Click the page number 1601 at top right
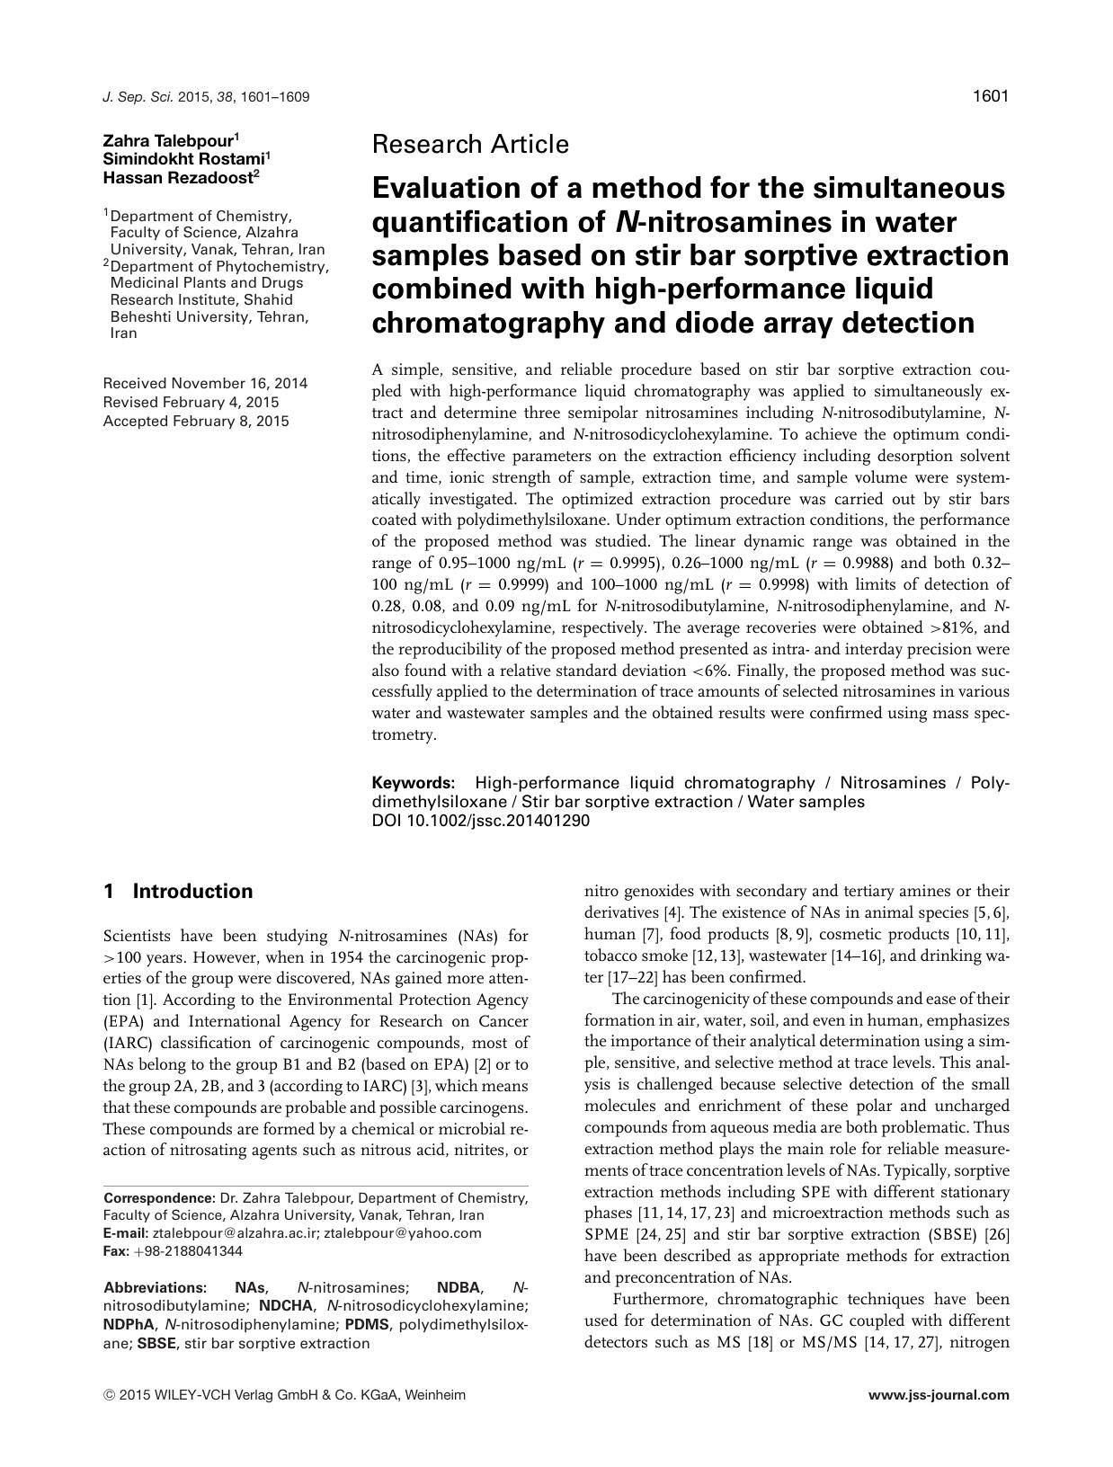click(x=991, y=96)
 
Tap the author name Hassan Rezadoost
click(x=179, y=177)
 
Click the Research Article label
click(x=470, y=144)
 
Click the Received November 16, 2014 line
click(x=205, y=383)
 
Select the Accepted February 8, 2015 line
click(x=196, y=421)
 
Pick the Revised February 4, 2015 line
click(x=191, y=402)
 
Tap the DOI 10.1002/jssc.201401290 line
click(x=481, y=820)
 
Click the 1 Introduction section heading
click(x=178, y=892)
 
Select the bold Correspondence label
click(x=159, y=1198)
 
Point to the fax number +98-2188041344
click(x=187, y=1251)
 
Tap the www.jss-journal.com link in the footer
click(x=939, y=1395)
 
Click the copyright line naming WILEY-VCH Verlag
click(x=285, y=1395)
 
